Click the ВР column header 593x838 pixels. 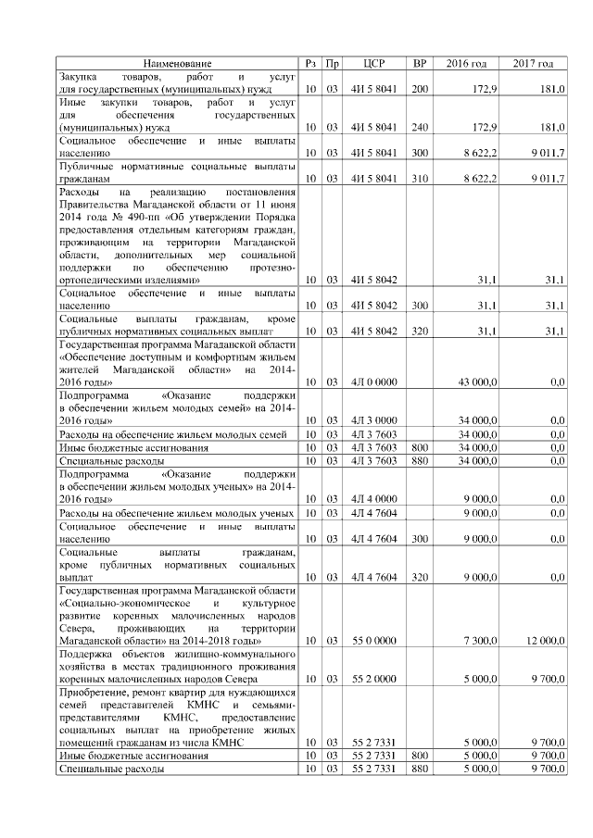click(420, 63)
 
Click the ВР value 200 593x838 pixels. click(420, 88)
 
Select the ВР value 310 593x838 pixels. click(420, 177)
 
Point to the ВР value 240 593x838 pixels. click(420, 127)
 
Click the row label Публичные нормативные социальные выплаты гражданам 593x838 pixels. click(177, 171)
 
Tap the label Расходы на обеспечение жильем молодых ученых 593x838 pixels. click(177, 513)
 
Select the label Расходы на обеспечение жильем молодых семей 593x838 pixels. click(177, 434)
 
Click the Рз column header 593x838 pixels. click(311, 63)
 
